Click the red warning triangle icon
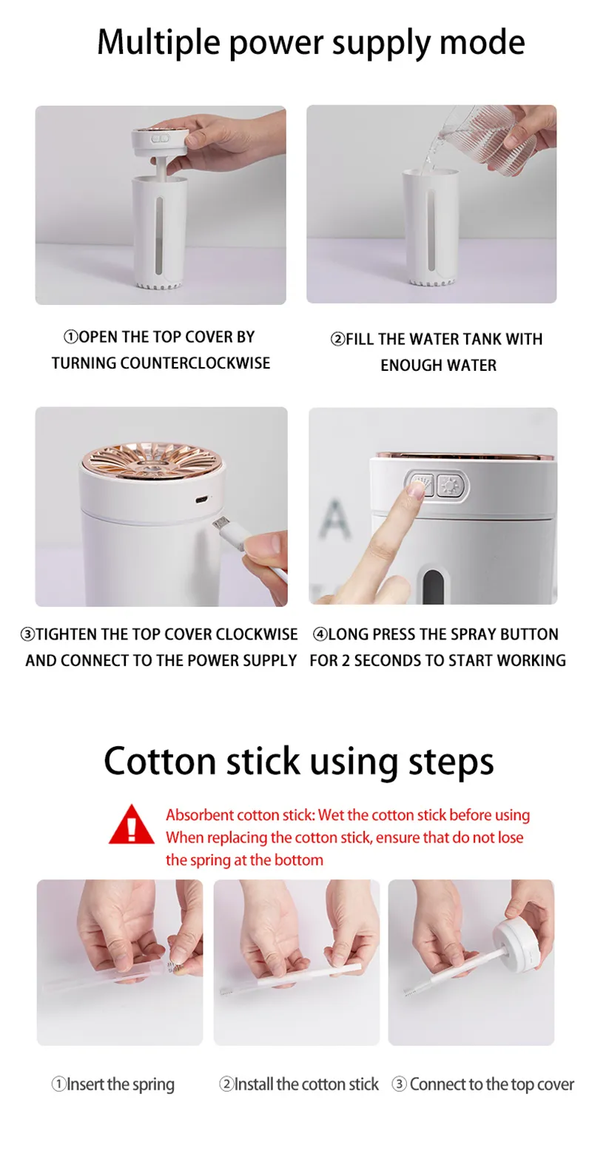pyautogui.click(x=132, y=825)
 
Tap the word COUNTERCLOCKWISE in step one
pyautogui.click(x=195, y=363)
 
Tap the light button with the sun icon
pyautogui.click(x=451, y=486)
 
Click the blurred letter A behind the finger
pyautogui.click(x=334, y=519)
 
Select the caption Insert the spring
pyautogui.click(x=113, y=1084)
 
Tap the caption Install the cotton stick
pyautogui.click(x=299, y=1084)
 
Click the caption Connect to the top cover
pyautogui.click(x=482, y=1084)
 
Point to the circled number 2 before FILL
pyautogui.click(x=337, y=339)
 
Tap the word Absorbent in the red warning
pyautogui.click(x=200, y=815)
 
